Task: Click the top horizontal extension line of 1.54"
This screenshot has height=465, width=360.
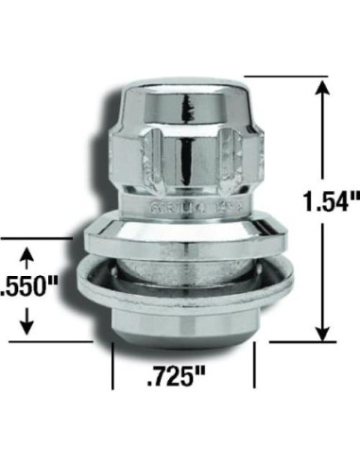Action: point(283,77)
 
